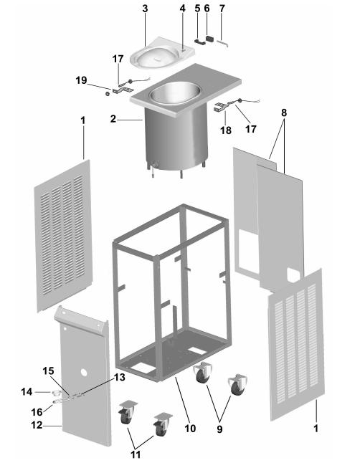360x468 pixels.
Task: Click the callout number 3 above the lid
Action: coord(145,9)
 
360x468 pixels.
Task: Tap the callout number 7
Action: coord(222,9)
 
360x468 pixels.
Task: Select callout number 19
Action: coord(81,80)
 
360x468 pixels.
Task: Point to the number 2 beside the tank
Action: coord(113,119)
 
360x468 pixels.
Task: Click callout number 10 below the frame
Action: coord(190,429)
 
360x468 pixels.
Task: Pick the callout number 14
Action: coord(27,391)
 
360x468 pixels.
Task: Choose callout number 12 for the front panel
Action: coord(37,425)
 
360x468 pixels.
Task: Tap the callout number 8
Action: coord(284,113)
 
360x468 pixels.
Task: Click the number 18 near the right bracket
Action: coord(226,130)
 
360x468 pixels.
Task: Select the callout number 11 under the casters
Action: coord(136,454)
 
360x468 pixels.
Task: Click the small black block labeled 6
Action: coord(209,39)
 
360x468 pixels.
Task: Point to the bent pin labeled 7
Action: coord(222,43)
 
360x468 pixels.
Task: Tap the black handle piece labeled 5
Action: coord(200,42)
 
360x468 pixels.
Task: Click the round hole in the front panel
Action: coord(84,373)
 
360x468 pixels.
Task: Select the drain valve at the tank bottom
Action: coord(154,164)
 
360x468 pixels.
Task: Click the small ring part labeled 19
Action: coord(108,93)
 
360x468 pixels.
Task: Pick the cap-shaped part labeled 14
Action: coord(56,392)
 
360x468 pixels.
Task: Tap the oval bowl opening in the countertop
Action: coord(175,93)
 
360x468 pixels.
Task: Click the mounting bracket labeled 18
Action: coord(220,108)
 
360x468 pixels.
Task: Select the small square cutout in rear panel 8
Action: coord(293,274)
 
